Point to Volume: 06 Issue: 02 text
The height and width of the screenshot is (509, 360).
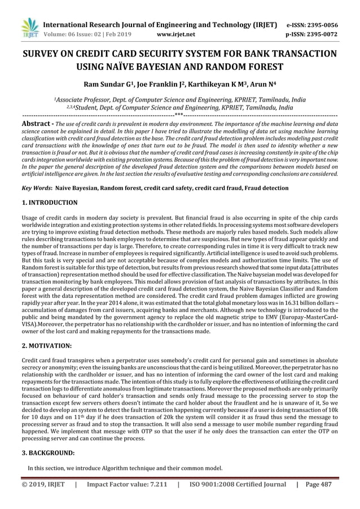pos(75,34)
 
